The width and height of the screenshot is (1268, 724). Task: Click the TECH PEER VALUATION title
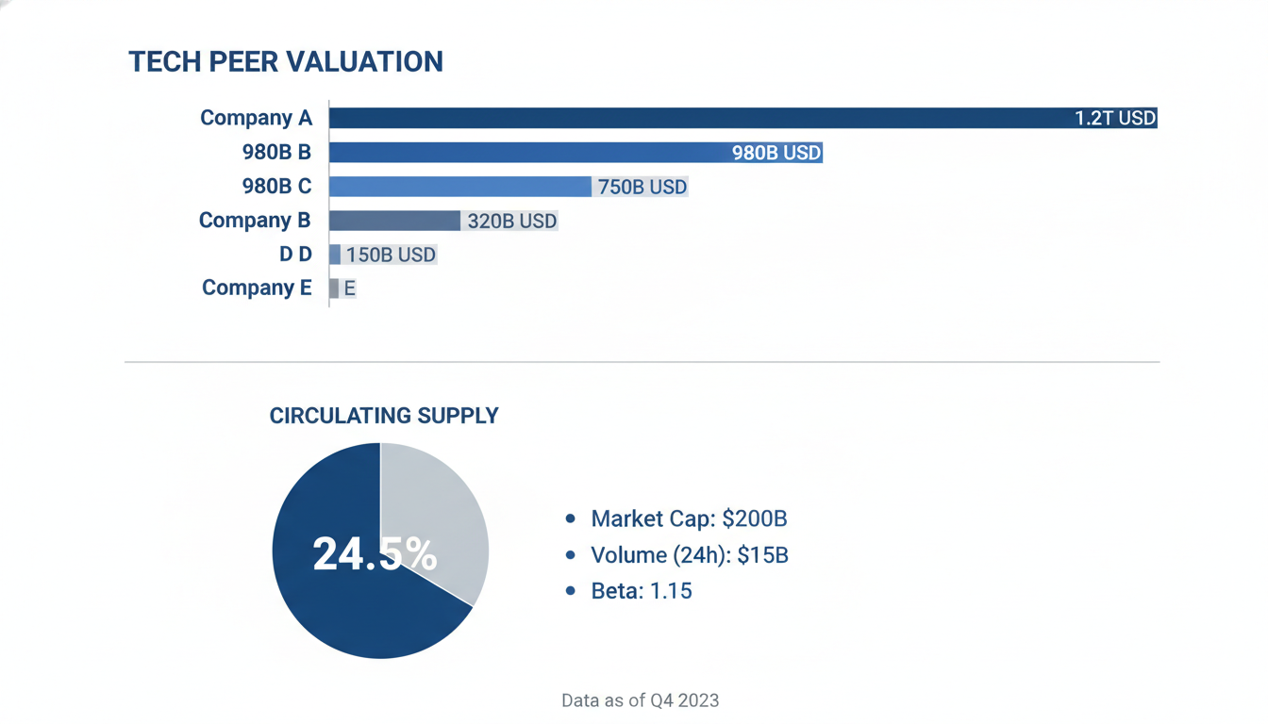tap(286, 61)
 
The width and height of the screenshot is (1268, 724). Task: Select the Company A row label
tap(256, 118)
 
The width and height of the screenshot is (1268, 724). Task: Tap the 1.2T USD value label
tap(1114, 118)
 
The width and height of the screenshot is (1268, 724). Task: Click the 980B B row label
tap(276, 152)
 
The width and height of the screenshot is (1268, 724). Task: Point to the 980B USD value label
tap(776, 153)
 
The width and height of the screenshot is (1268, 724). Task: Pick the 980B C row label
tap(276, 186)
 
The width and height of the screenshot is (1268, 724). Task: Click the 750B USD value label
tap(642, 187)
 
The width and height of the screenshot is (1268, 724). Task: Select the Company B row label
tap(255, 220)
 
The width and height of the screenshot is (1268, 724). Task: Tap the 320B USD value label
tap(512, 221)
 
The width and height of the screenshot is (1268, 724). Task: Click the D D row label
tap(295, 254)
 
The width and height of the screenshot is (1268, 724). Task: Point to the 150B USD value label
tap(392, 255)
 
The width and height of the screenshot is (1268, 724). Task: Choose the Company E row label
tap(257, 288)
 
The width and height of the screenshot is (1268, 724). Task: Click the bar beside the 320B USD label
tap(394, 221)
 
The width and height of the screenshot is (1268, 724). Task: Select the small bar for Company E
tap(334, 288)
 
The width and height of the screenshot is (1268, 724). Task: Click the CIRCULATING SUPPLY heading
tap(384, 416)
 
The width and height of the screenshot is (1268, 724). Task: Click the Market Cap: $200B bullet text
tap(689, 518)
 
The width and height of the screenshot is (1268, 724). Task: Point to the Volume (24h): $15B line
tap(690, 555)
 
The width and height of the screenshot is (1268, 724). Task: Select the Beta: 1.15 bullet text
tap(642, 591)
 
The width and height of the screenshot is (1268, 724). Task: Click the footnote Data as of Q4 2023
tap(641, 700)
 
